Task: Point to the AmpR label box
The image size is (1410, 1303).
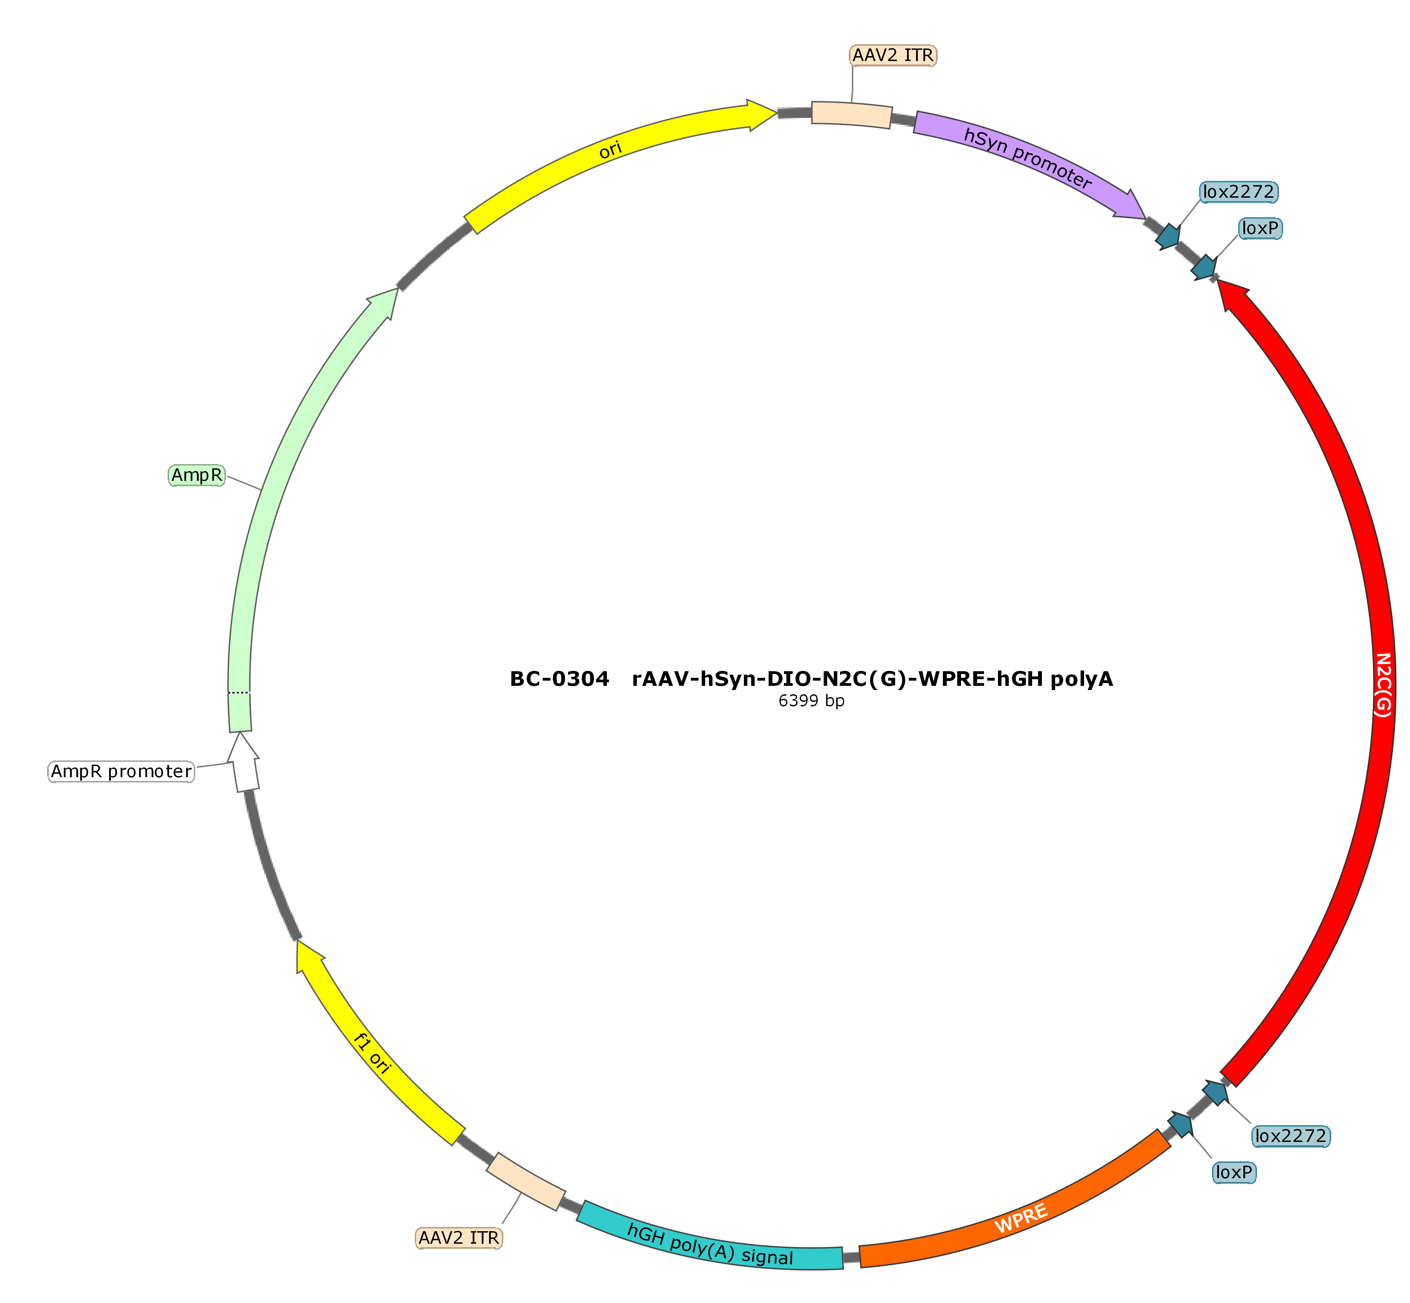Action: point(197,475)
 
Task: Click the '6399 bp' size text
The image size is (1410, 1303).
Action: point(811,701)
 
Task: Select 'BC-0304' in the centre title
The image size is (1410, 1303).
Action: point(559,679)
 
